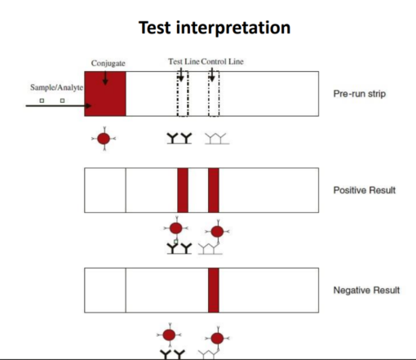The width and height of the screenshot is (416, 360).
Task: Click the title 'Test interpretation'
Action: coord(215,28)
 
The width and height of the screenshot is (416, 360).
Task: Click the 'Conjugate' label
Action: coord(108,64)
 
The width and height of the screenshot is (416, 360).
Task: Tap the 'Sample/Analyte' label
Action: coord(56,87)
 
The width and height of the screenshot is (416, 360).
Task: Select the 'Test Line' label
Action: coord(184,61)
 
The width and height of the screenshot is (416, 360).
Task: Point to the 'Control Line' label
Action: coord(222,61)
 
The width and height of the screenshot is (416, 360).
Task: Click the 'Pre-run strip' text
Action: coord(360,94)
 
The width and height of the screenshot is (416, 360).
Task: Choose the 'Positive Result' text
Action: coord(365,190)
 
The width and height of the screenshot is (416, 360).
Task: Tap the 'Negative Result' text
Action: coord(366,290)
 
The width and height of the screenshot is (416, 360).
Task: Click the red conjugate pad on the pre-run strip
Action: coord(105,94)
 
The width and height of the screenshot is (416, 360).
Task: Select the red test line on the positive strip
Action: coord(183,190)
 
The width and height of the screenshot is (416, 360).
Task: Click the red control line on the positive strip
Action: coord(214,190)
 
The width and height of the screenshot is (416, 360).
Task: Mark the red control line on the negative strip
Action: coord(214,290)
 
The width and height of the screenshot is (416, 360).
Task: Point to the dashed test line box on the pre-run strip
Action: coord(178,94)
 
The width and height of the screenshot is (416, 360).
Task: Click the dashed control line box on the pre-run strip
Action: coord(209,94)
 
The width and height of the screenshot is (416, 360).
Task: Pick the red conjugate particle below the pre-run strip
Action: coord(104,139)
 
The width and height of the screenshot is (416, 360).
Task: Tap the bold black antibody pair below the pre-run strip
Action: coord(179,139)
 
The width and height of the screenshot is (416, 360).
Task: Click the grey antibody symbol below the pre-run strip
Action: coord(217,139)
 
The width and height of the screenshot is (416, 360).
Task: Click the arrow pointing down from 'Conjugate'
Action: coord(105,78)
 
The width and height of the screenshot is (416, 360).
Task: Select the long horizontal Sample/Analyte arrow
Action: coord(59,105)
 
